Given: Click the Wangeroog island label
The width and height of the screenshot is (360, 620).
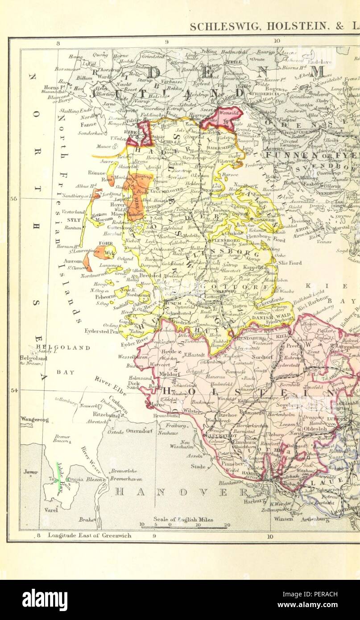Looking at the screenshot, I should (34, 419).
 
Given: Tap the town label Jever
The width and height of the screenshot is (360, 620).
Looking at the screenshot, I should (31, 472).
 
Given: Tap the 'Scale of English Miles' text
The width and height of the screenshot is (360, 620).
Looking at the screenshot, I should (183, 520).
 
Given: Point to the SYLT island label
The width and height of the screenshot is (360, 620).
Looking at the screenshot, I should (73, 220).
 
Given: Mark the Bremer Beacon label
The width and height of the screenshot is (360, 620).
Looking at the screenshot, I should (61, 438).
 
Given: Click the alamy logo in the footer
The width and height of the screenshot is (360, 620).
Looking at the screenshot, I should (45, 600).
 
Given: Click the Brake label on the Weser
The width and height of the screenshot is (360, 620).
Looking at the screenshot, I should (85, 520).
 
